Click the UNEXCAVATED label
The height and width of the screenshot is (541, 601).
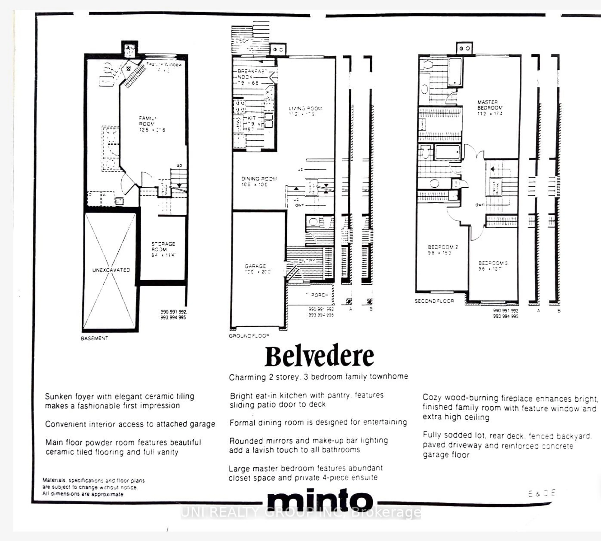[x=111, y=270]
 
